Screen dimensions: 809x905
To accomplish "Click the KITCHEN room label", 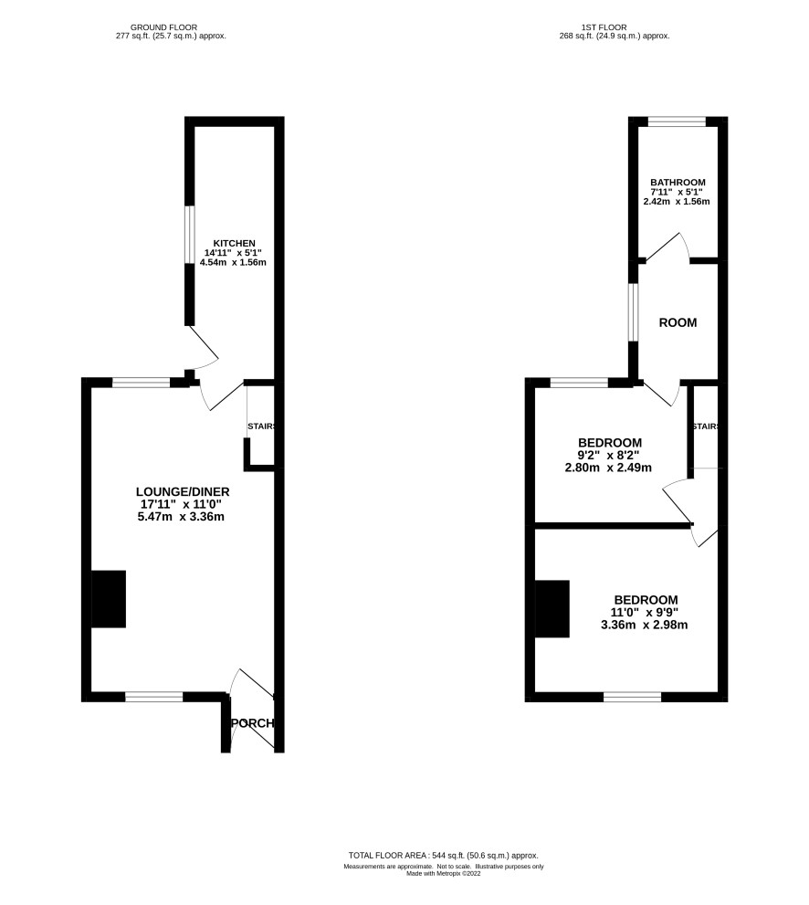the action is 234,244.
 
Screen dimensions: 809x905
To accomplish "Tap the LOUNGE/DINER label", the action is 183,491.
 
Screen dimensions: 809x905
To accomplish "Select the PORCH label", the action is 252,723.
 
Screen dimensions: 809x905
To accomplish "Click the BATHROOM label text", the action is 678,183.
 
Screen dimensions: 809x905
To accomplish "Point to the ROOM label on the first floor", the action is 678,322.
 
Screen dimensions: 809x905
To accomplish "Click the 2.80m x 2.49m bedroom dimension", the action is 607,468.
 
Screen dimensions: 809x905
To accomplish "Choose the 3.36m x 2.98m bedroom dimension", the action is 644,625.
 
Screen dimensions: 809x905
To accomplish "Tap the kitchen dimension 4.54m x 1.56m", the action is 233,263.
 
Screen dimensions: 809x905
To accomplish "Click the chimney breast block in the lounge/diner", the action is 109,599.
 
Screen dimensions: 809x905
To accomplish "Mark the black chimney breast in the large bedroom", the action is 552,609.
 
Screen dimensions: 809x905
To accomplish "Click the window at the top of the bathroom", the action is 677,121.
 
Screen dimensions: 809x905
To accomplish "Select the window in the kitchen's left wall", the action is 189,235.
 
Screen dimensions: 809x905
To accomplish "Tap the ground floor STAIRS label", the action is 261,426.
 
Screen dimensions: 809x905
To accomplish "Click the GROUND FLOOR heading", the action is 163,27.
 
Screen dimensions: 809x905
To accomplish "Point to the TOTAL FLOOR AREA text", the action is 443,856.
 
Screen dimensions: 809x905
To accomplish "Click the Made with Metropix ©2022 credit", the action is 443,874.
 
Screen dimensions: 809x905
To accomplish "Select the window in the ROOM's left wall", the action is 633,312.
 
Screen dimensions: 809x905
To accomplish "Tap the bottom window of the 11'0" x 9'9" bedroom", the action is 633,697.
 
